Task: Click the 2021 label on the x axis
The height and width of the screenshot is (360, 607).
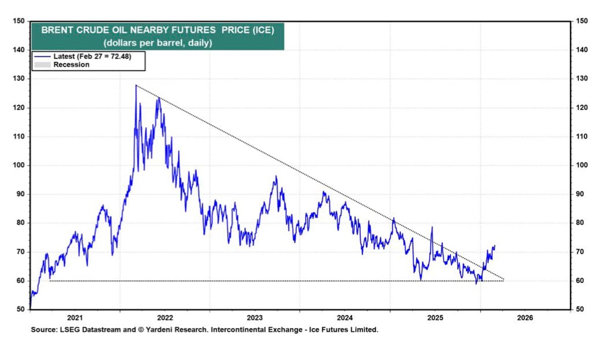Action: [x=75, y=318]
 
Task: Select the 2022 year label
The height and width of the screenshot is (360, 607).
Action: [x=165, y=318]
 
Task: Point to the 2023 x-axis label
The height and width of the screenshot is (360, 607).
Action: [x=255, y=318]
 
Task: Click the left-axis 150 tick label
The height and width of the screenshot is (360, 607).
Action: [x=19, y=21]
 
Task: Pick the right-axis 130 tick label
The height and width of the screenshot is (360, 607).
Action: [x=582, y=79]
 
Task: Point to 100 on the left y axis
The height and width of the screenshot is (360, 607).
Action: [x=19, y=165]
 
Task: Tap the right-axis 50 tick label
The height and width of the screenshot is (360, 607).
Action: [x=580, y=309]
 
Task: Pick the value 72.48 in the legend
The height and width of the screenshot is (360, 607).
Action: [x=120, y=57]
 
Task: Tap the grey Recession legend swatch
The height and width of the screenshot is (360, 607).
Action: [x=42, y=65]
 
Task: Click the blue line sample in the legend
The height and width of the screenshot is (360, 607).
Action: [x=42, y=57]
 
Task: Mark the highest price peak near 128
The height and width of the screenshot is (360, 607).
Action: [x=136, y=85]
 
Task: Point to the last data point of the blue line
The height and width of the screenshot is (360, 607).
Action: [x=495, y=246]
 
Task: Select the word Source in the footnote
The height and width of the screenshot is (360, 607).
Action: [x=42, y=330]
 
